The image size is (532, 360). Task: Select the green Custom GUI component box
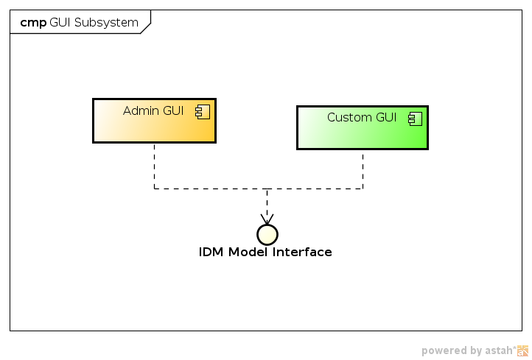coord(362,133)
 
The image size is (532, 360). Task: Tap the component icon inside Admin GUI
coord(200,111)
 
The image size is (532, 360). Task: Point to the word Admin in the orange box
coord(141,111)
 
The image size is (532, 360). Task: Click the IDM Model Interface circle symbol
coord(267,234)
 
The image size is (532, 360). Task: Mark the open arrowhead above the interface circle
coord(267,219)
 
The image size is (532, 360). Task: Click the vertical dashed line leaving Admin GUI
coord(154,166)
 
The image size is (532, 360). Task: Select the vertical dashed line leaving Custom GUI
coord(363,169)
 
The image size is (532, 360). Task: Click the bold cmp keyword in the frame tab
coord(33,23)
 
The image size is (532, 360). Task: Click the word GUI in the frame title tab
coord(60,23)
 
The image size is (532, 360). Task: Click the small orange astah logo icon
coord(522,350)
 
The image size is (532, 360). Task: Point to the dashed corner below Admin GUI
coord(154,188)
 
